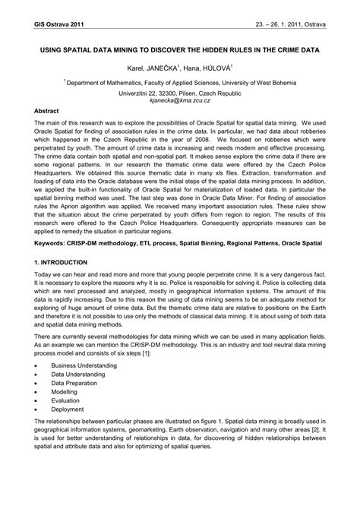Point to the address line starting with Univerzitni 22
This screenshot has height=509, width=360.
click(179, 91)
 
